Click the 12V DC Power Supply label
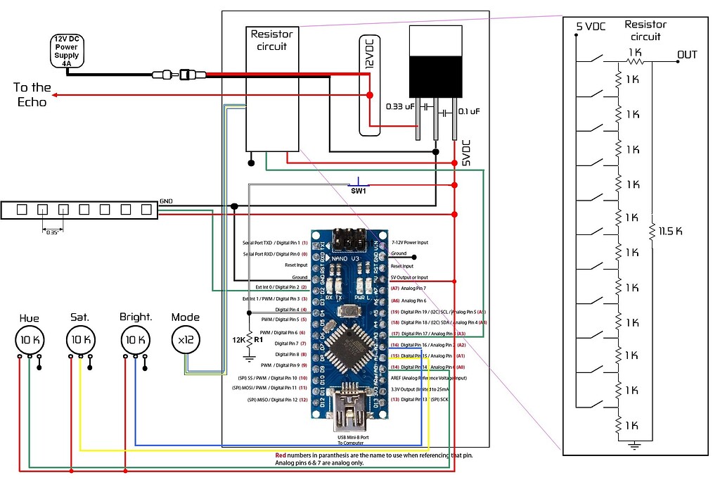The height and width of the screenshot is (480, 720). [x=67, y=50]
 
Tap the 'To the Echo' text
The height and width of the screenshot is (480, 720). [x=32, y=95]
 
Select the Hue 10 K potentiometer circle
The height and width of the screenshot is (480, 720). [x=30, y=339]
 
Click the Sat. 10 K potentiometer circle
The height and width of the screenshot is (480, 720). [x=80, y=339]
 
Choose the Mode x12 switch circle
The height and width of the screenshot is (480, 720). [x=186, y=339]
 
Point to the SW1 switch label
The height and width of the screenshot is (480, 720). [x=359, y=191]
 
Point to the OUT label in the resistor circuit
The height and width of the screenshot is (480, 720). [x=687, y=54]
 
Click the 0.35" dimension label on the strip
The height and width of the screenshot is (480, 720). [x=53, y=232]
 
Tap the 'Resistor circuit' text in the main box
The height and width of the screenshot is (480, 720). [x=271, y=41]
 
